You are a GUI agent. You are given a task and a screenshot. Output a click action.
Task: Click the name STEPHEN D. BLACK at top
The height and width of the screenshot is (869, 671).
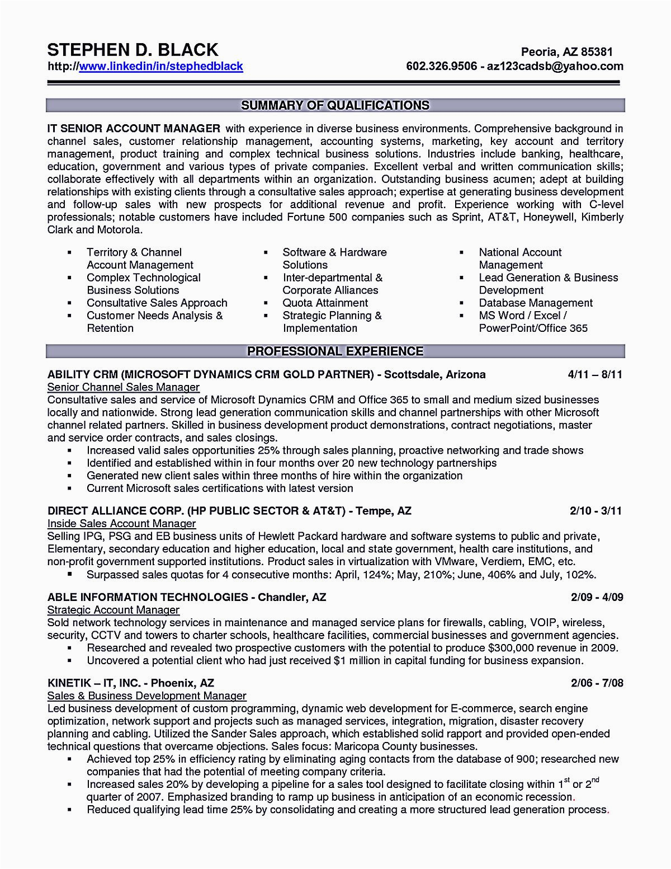click(x=133, y=50)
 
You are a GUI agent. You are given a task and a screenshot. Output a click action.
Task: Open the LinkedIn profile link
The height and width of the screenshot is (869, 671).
click(x=161, y=67)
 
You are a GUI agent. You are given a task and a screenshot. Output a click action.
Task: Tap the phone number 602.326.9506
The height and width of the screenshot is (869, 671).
click(x=441, y=67)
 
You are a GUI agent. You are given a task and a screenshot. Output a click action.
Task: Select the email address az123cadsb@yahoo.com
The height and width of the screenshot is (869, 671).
click(x=555, y=67)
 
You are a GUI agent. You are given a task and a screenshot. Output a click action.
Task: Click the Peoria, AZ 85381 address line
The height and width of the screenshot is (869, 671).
click(x=566, y=52)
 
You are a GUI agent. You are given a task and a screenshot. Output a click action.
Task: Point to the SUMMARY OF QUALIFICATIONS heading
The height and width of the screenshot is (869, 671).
click(x=335, y=105)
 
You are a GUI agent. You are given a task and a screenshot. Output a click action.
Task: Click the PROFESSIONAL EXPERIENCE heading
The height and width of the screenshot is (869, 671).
click(x=335, y=351)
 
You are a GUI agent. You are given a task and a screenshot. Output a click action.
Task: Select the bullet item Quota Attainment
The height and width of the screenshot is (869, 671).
click(x=325, y=303)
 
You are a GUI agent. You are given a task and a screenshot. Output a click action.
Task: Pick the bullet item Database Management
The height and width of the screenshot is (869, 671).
click(x=535, y=303)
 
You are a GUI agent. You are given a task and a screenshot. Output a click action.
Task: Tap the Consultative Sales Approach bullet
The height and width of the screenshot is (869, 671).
click(x=157, y=303)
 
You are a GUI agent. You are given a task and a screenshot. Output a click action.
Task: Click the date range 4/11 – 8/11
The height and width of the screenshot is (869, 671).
click(x=594, y=374)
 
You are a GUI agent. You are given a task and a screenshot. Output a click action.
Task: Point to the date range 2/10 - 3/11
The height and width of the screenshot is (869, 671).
click(x=596, y=511)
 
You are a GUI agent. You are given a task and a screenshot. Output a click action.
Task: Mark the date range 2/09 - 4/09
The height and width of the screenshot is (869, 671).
click(x=597, y=597)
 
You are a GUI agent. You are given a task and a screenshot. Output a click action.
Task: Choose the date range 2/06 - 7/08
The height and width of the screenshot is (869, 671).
click(x=597, y=683)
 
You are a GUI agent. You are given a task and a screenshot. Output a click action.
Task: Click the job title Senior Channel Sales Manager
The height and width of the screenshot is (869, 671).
click(x=123, y=387)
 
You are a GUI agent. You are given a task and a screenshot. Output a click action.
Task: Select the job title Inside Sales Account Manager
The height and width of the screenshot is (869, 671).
click(x=121, y=524)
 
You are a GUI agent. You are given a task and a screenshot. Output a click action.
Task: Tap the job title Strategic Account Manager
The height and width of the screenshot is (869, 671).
click(x=114, y=610)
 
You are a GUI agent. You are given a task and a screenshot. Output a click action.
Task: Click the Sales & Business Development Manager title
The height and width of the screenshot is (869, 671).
click(x=147, y=696)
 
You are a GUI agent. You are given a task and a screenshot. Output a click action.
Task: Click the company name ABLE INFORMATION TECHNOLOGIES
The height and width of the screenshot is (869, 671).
click(x=148, y=597)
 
